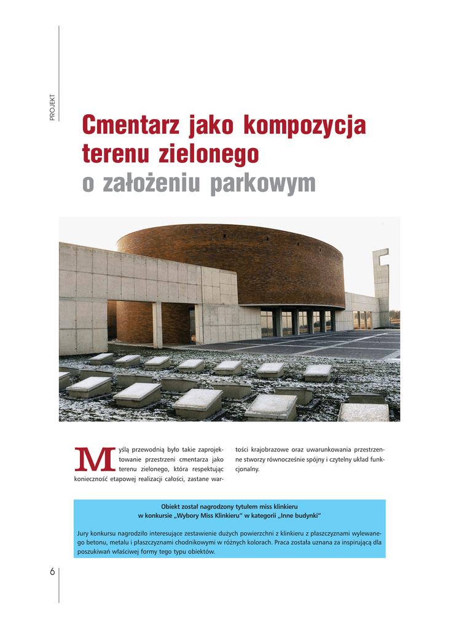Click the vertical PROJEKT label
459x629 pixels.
[53, 107]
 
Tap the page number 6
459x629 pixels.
[52, 571]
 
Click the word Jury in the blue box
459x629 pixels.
[84, 533]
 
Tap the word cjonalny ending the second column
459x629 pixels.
[247, 469]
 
